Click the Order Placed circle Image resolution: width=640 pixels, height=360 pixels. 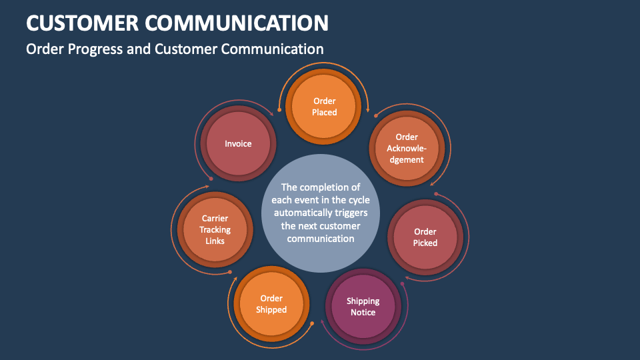pyautogui.click(x=325, y=107)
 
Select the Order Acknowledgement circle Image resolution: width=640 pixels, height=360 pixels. pyautogui.click(x=406, y=148)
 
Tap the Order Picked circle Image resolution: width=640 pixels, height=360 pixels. pyautogui.click(x=425, y=237)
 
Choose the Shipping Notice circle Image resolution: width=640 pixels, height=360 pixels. pyautogui.click(x=363, y=307)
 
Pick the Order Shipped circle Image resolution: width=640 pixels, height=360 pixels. pyautogui.click(x=271, y=304)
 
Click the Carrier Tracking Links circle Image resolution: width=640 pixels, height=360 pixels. pyautogui.click(x=215, y=229)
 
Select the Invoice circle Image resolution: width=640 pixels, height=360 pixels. pyautogui.click(x=238, y=143)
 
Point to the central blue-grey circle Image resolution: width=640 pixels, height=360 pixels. pyautogui.click(x=321, y=212)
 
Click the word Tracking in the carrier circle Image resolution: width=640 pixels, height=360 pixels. pyautogui.click(x=215, y=230)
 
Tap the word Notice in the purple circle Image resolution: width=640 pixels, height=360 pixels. pyautogui.click(x=363, y=313)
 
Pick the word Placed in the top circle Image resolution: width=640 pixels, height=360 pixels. pyautogui.click(x=325, y=113)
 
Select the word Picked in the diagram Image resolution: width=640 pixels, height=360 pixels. pyautogui.click(x=425, y=243)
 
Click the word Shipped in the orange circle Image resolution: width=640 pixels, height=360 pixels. pyautogui.click(x=271, y=310)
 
